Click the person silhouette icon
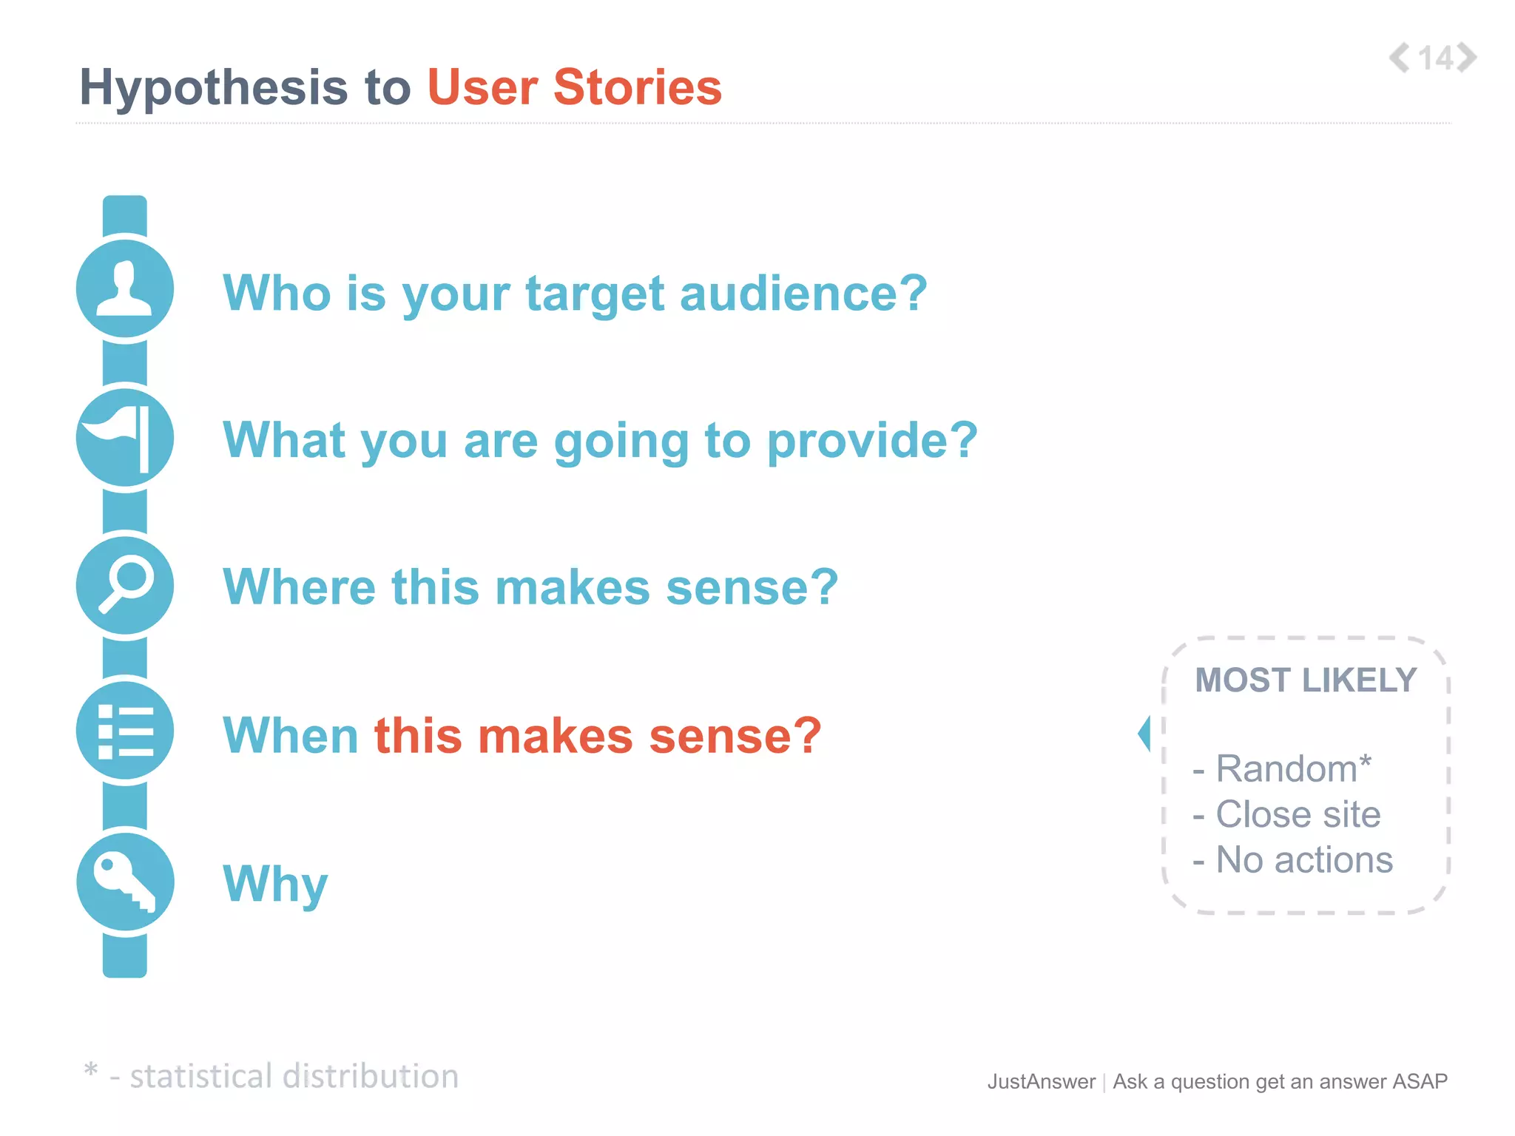(125, 289)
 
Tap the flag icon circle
(125, 438)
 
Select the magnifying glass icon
(125, 585)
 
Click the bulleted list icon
(125, 731)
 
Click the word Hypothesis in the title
(213, 88)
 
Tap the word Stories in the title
(637, 87)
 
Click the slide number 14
(1436, 58)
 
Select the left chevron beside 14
(1400, 58)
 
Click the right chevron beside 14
(1468, 58)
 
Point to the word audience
(803, 294)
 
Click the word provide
(872, 441)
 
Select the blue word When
(291, 736)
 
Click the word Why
(275, 884)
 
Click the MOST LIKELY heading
(1306, 680)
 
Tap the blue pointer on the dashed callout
(1144, 734)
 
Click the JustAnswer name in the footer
(1041, 1082)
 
